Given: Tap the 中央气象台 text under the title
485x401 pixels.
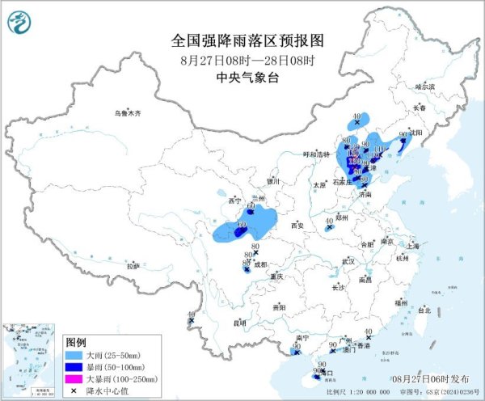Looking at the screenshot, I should pyautogui.click(x=242, y=78).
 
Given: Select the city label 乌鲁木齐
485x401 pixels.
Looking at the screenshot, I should pyautogui.click(x=127, y=113).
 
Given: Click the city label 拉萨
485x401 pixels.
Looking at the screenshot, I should pyautogui.click(x=133, y=265).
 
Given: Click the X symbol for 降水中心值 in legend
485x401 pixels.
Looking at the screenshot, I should pyautogui.click(x=75, y=390).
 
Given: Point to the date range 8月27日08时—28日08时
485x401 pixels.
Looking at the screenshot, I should pyautogui.click(x=242, y=59).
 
